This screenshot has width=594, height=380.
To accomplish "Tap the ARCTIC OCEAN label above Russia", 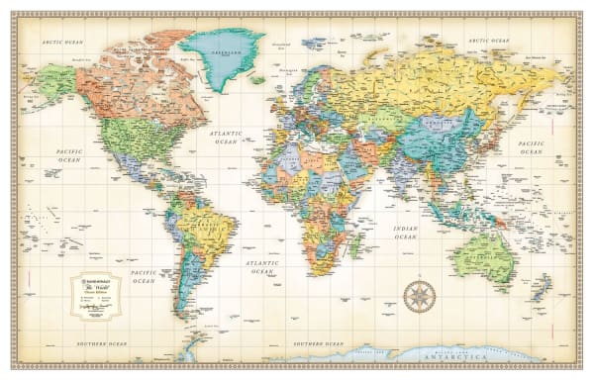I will [x=490, y=41].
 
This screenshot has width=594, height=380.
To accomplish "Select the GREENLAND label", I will [x=223, y=47].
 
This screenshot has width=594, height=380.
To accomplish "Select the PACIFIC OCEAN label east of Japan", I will [x=531, y=148].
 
